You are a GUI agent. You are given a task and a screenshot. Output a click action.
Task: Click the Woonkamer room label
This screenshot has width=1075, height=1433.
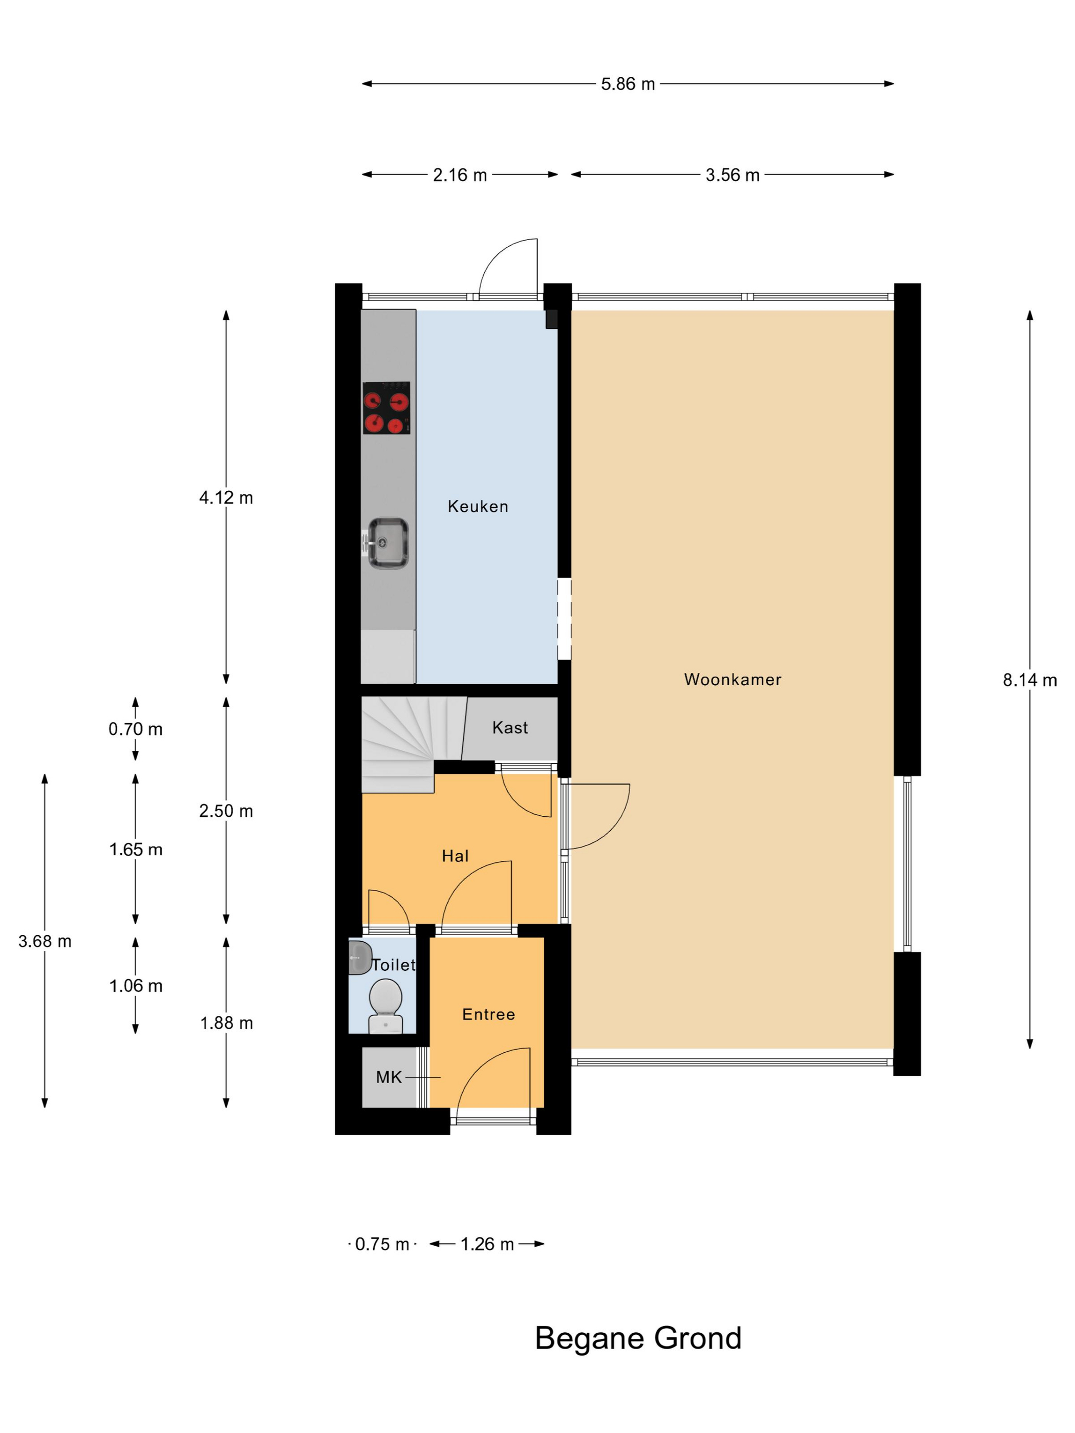(x=732, y=680)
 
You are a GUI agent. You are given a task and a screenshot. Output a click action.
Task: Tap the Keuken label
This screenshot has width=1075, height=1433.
(x=478, y=506)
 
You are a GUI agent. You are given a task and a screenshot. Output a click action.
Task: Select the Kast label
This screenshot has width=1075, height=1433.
(x=510, y=728)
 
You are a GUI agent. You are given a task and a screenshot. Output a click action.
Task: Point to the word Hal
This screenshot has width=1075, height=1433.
(x=455, y=856)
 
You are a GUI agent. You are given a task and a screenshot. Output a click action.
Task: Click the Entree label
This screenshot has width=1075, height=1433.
(x=488, y=1014)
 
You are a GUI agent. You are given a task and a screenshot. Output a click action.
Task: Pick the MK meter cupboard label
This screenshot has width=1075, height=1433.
(x=389, y=1077)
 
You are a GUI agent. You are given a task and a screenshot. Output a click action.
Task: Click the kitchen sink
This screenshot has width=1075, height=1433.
(x=387, y=543)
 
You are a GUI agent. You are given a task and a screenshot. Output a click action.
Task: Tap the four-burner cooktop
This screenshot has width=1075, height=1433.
(x=386, y=407)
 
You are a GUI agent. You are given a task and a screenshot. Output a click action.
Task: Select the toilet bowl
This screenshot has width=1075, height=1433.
(x=385, y=1006)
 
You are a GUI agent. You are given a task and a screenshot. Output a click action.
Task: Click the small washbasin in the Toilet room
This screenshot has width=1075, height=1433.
(x=360, y=958)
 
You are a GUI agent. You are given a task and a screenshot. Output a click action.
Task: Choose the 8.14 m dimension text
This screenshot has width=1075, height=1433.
(x=1029, y=680)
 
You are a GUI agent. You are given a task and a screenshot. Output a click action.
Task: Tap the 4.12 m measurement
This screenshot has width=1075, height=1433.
(x=226, y=497)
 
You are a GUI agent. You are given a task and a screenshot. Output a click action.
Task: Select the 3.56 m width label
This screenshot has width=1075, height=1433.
(x=732, y=175)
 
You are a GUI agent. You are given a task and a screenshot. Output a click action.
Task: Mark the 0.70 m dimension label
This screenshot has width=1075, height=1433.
(x=136, y=729)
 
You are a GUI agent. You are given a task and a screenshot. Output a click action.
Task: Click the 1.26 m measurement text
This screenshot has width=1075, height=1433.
(x=487, y=1244)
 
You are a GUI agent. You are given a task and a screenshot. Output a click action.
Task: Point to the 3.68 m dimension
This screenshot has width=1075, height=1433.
(x=45, y=941)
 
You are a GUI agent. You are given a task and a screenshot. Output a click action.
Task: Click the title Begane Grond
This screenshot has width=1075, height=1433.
(x=638, y=1338)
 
